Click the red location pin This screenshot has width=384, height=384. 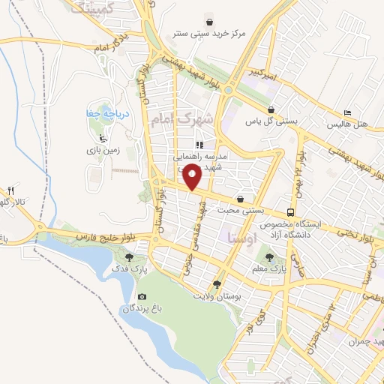193,177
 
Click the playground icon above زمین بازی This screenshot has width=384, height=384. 102,139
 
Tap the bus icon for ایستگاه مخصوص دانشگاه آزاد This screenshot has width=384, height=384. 290,212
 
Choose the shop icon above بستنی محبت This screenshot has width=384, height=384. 239,199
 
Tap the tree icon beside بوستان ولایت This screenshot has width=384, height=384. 217,284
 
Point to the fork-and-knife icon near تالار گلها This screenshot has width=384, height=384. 10,190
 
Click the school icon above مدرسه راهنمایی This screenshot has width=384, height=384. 199,145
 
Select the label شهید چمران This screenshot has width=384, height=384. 364,342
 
